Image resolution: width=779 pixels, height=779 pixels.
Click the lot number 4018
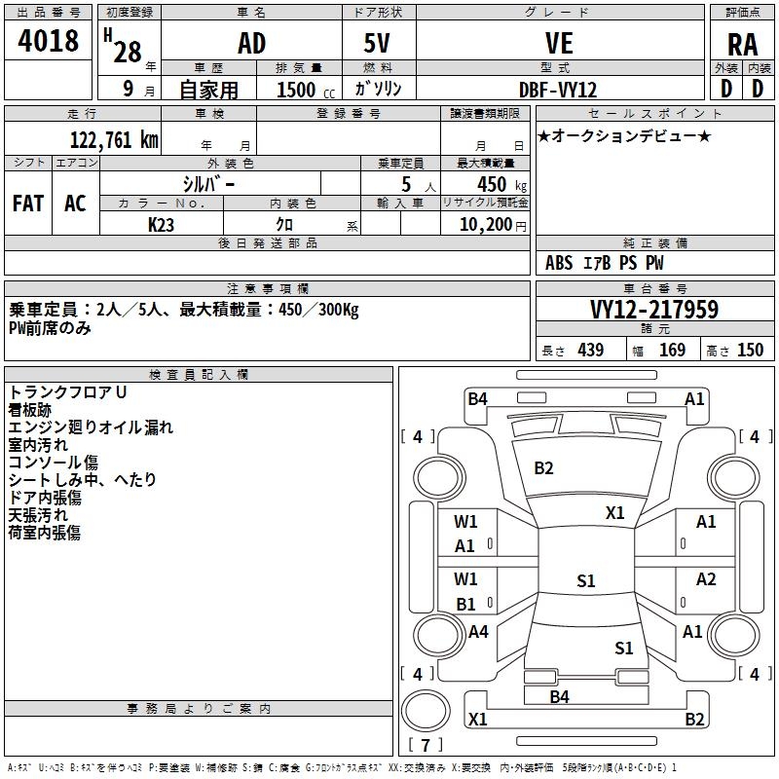49,42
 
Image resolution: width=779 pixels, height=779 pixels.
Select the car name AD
251,44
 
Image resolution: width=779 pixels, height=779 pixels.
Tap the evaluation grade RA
742,44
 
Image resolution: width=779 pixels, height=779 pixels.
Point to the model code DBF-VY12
558,89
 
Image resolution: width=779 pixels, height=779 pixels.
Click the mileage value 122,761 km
113,139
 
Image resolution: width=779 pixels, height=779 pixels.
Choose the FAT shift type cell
28,203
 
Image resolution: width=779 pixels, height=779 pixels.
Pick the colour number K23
162,224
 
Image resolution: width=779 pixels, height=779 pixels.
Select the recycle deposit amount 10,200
484,224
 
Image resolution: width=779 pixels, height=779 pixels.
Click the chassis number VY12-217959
654,310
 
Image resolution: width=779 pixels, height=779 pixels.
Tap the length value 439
590,350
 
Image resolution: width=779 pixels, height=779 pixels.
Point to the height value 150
750,350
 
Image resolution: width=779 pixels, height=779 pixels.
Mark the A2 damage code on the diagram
706,579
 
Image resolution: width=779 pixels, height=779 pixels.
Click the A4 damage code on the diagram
478,632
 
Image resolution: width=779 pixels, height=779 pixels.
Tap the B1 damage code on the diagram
465,604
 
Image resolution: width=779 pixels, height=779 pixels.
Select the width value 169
672,350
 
